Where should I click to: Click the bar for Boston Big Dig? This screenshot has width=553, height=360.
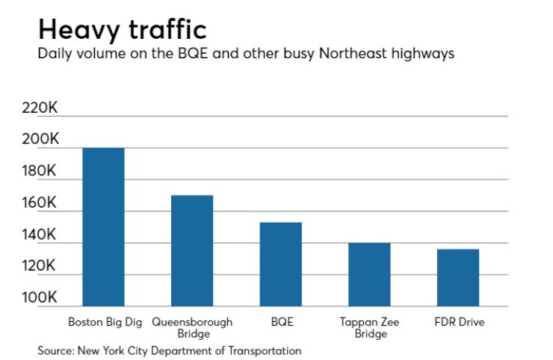(103, 227)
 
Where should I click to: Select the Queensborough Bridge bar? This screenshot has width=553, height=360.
(191, 251)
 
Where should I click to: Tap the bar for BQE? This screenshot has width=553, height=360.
(280, 264)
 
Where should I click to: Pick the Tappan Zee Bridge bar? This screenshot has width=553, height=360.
(369, 274)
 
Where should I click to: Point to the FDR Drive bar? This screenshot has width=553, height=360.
(457, 277)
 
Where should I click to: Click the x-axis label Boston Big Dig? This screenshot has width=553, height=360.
(103, 323)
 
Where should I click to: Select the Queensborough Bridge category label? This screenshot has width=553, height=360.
(192, 328)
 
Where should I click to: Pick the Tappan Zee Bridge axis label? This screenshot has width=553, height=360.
(370, 328)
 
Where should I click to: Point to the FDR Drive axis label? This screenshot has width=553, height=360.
(459, 323)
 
